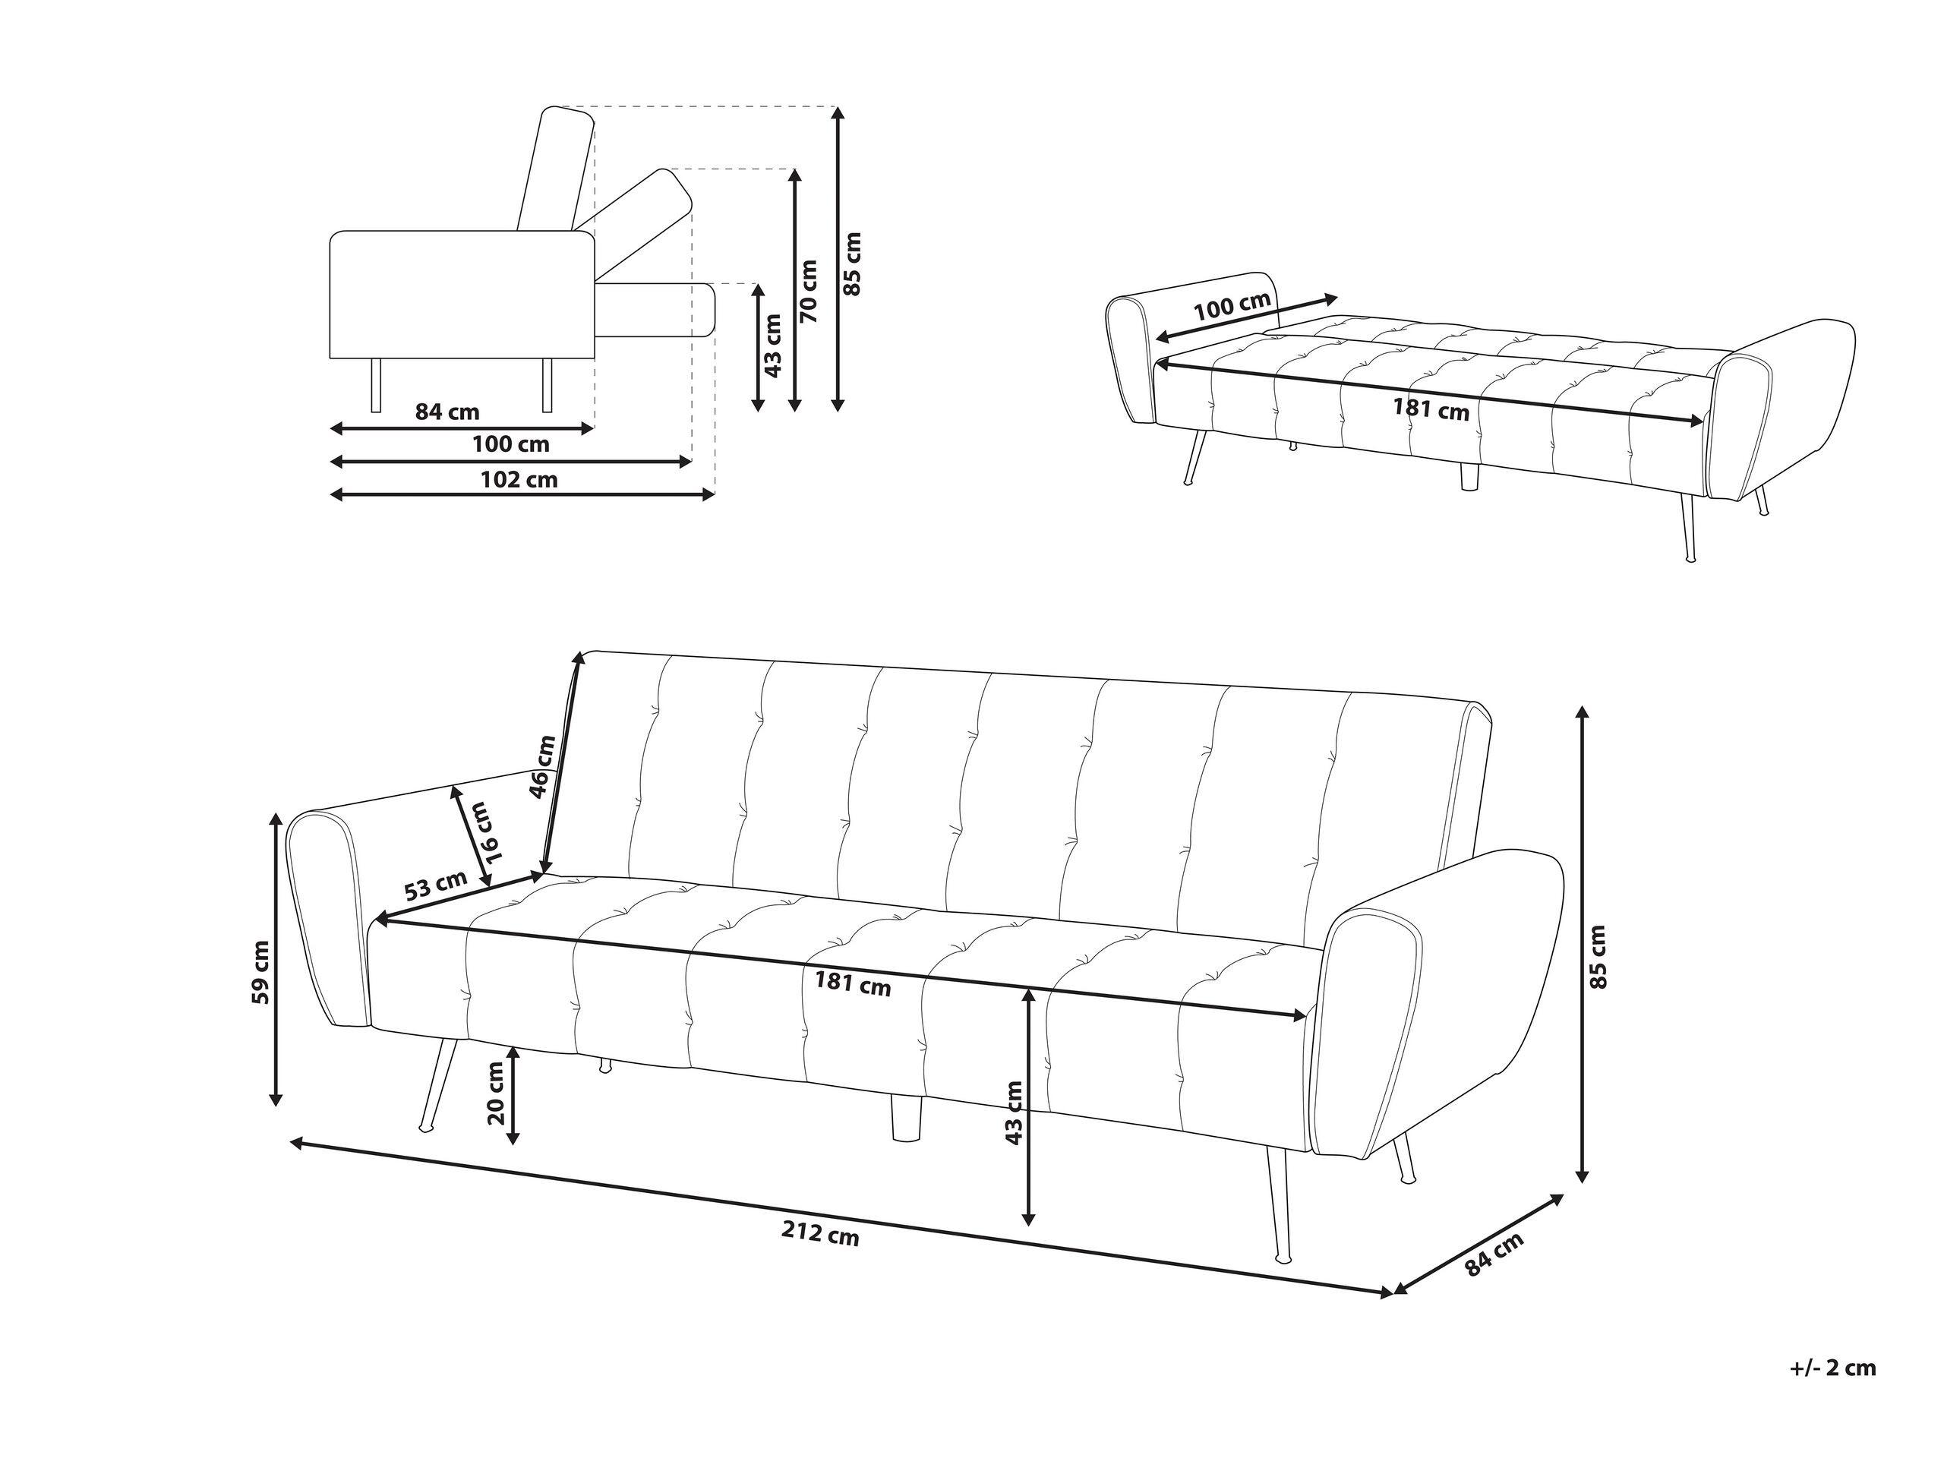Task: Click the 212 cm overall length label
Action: (x=820, y=1235)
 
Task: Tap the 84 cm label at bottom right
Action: (x=1494, y=1253)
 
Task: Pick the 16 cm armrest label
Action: (x=485, y=832)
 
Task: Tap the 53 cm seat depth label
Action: (x=436, y=885)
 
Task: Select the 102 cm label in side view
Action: (x=519, y=479)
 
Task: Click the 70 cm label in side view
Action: (x=809, y=290)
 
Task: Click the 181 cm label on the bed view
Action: (x=1431, y=409)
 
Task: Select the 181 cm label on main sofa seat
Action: (x=853, y=984)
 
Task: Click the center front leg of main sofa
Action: (x=904, y=1117)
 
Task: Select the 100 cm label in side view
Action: (x=510, y=443)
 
